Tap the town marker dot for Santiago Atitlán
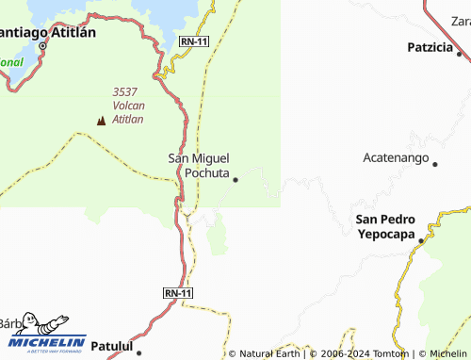(x=42, y=44)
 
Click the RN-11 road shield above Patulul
(x=178, y=293)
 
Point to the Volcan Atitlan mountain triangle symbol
(x=102, y=120)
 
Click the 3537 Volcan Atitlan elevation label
(x=127, y=105)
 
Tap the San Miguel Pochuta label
(x=199, y=166)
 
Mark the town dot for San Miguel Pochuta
(x=235, y=179)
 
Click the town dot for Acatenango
(x=435, y=164)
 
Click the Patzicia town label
(x=430, y=47)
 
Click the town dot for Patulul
(x=138, y=353)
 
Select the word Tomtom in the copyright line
(x=391, y=353)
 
